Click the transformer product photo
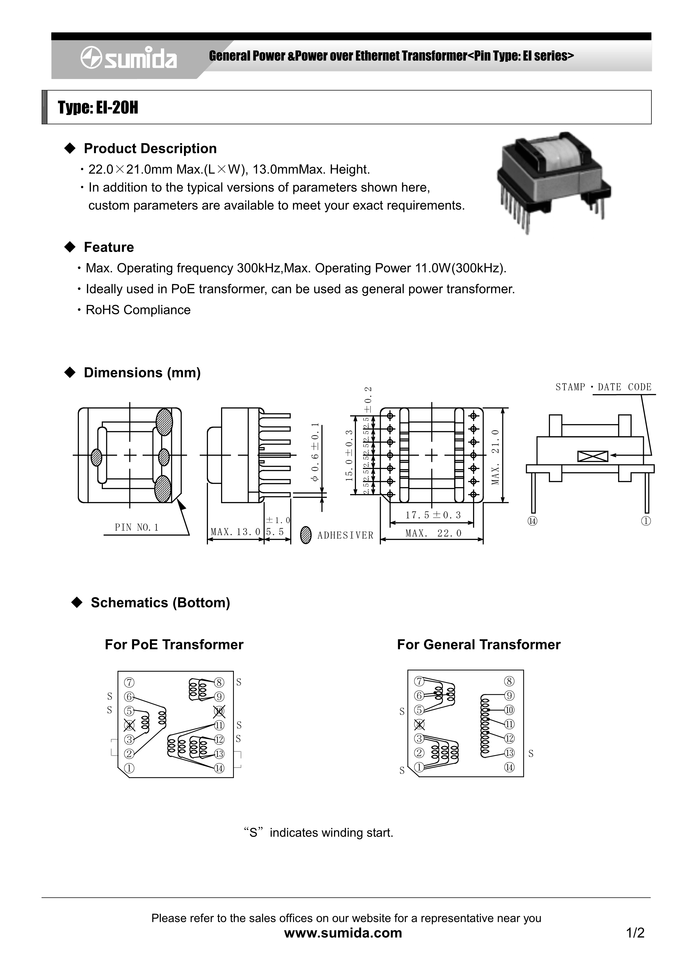coord(554,181)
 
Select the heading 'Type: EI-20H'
coord(98,108)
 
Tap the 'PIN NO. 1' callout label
coord(137,527)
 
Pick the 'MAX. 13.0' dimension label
coord(236,532)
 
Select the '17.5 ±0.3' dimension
coord(433,515)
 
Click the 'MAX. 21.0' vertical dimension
coord(495,457)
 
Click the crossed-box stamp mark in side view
coord(593,456)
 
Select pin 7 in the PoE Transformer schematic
coord(129,682)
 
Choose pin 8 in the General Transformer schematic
coord(509,681)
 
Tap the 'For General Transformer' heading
coord(479,645)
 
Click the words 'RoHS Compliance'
coord(138,310)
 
